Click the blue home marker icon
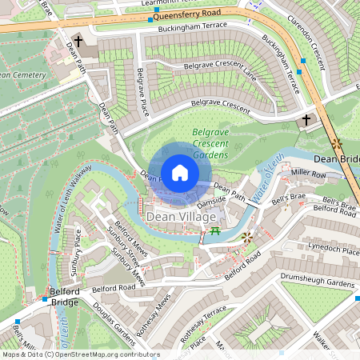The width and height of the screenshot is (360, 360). tap(180, 173)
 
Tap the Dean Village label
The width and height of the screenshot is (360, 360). tap(181, 217)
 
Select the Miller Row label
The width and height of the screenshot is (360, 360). tap(308, 173)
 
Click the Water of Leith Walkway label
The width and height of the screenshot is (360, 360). tap(73, 201)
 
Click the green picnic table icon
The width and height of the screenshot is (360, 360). tap(214, 232)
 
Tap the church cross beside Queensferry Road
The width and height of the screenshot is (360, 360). tap(78, 40)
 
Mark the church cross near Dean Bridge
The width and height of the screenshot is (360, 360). tap(307, 120)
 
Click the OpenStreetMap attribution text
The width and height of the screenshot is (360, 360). tap(81, 354)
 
